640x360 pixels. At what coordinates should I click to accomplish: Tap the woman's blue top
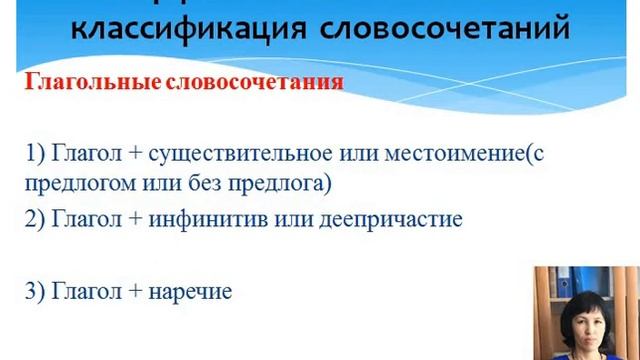pos(588,347)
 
